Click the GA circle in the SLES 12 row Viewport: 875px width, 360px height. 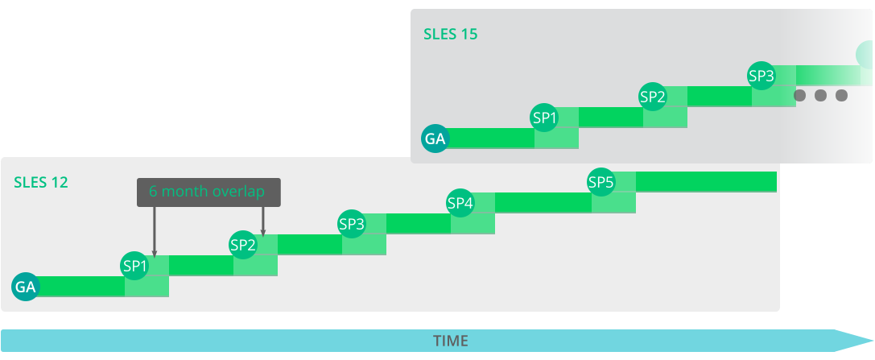(25, 286)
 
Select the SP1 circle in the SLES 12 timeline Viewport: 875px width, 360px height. (135, 265)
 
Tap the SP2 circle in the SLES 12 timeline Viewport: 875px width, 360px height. (243, 244)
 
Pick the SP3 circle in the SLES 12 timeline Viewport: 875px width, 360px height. (352, 223)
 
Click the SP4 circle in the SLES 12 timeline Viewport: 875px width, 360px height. (460, 202)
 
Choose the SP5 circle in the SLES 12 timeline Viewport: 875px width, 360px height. (601, 182)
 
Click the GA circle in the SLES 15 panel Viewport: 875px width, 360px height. (435, 139)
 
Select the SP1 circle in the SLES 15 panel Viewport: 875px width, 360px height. (545, 118)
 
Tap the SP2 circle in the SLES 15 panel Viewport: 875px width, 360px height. (653, 97)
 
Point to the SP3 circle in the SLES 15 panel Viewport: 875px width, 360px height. (761, 76)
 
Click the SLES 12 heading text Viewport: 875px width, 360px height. (41, 183)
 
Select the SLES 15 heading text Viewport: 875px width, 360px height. (451, 35)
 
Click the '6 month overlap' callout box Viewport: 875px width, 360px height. (208, 192)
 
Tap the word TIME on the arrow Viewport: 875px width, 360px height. (451, 341)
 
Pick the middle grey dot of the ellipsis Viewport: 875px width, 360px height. (820, 95)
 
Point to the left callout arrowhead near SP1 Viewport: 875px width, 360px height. (154, 253)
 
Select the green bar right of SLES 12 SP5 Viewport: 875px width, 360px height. (706, 182)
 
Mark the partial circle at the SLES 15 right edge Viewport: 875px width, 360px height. (865, 55)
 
